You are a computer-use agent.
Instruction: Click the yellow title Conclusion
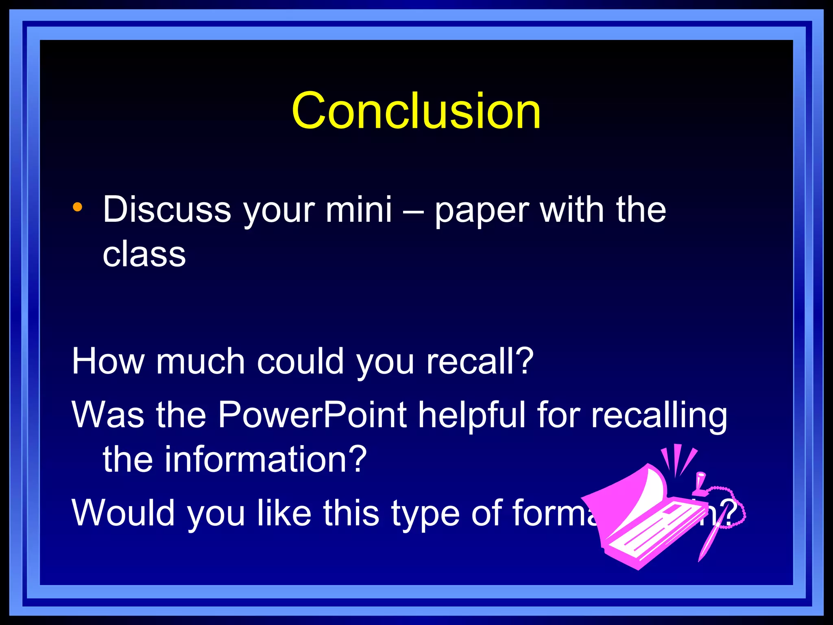(416, 111)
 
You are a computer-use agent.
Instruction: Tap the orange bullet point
(77, 207)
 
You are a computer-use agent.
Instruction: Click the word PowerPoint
(312, 415)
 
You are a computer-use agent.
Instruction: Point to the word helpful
(472, 415)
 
